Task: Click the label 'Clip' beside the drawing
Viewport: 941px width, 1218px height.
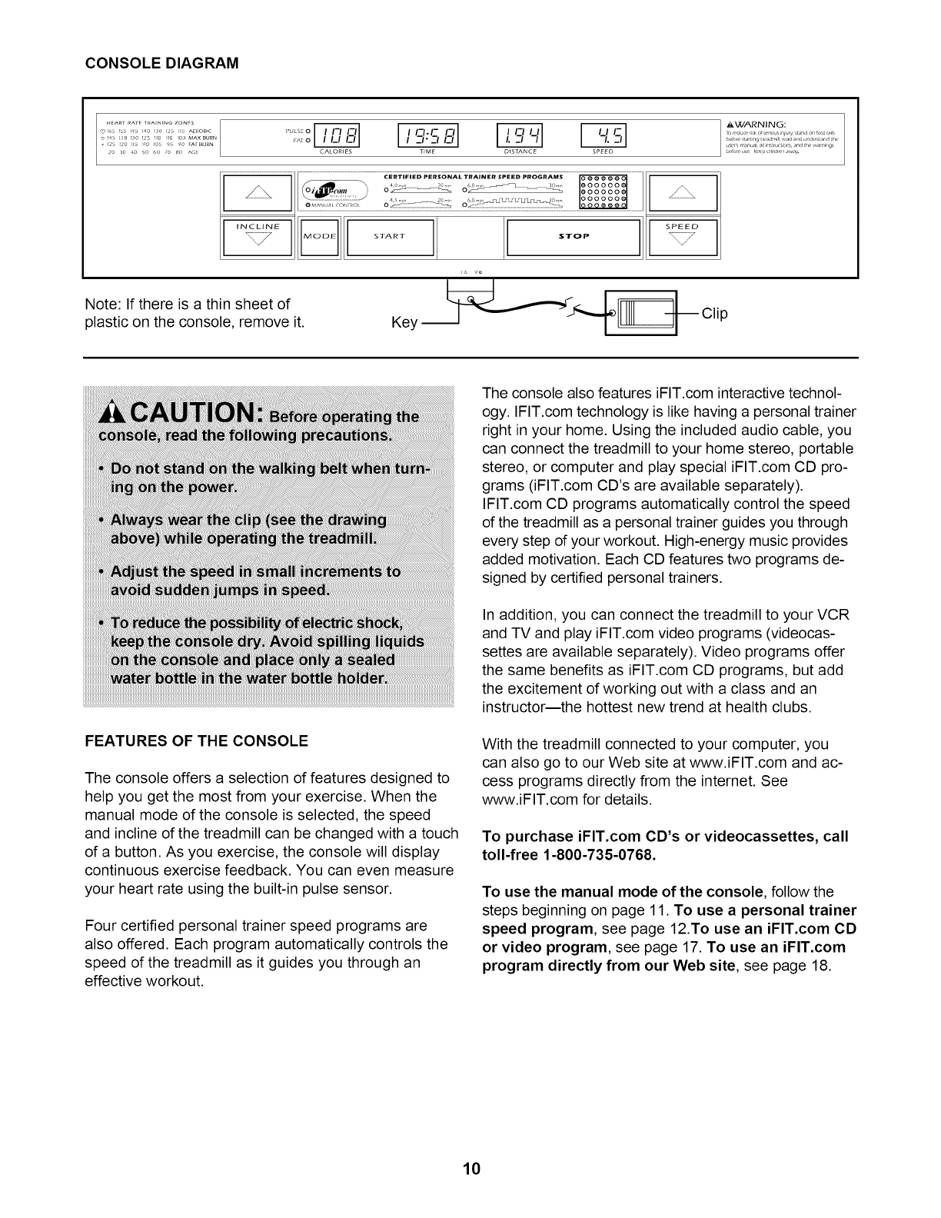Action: tap(713, 314)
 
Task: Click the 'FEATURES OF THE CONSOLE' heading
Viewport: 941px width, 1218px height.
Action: tap(196, 740)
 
